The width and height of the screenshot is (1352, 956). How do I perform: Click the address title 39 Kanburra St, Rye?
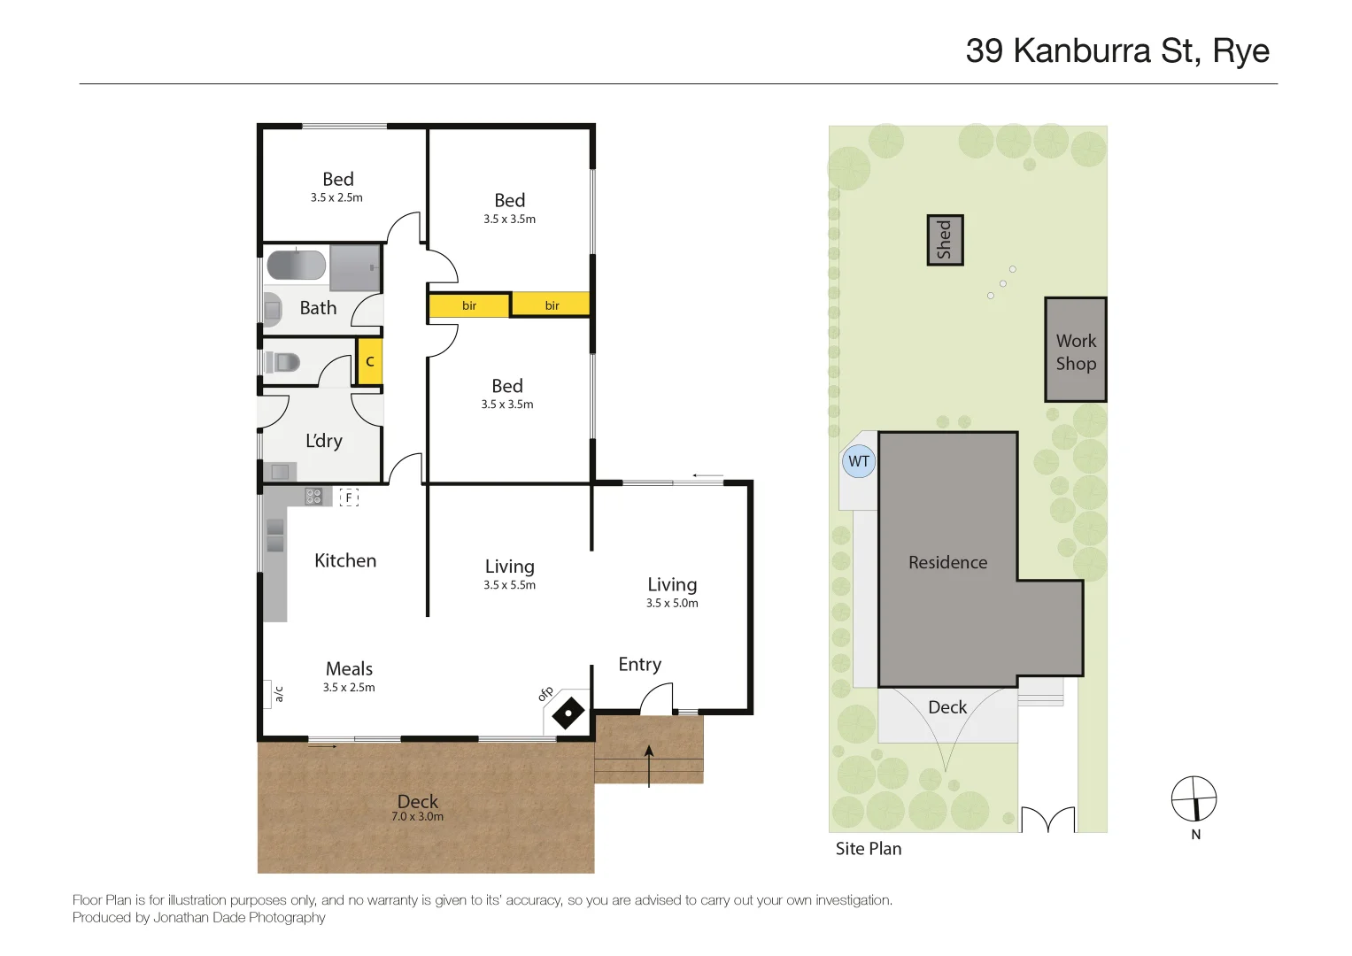click(1116, 51)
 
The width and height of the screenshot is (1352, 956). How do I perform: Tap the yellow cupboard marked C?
click(370, 361)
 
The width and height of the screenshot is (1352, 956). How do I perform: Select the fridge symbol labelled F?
click(349, 497)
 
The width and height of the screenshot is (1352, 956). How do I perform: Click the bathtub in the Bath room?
click(296, 266)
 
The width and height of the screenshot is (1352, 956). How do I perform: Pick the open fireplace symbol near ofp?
click(568, 713)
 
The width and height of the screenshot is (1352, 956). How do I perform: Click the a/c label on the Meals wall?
click(278, 694)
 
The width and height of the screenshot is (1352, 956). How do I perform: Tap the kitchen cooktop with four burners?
click(313, 497)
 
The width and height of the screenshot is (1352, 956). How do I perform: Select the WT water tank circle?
click(858, 461)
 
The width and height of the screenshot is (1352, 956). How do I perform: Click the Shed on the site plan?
click(945, 240)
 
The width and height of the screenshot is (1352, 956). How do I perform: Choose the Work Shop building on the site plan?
click(1075, 351)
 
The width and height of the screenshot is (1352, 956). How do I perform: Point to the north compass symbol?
click(1194, 799)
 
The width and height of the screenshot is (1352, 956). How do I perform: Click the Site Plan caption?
click(868, 849)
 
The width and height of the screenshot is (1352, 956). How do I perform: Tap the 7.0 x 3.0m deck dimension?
click(417, 817)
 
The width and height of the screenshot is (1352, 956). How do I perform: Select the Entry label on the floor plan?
click(639, 665)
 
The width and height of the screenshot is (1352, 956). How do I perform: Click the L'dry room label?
click(323, 441)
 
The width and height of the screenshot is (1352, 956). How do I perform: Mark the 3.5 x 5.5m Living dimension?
click(509, 585)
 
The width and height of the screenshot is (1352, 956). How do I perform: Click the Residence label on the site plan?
click(947, 562)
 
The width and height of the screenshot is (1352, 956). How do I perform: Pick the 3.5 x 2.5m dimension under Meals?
click(349, 688)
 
